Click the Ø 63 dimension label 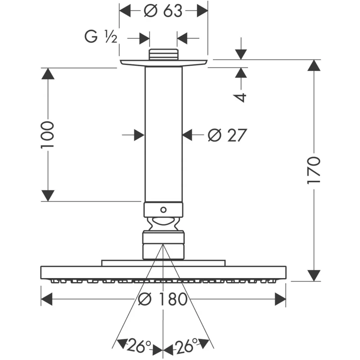click(163, 10)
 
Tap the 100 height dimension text click(48, 135)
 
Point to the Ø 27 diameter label click(227, 135)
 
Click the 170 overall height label click(314, 170)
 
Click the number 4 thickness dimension click(242, 97)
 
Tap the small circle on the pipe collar click(163, 209)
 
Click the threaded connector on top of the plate click(163, 54)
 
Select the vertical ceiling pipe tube click(163, 135)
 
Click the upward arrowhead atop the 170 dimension click(314, 65)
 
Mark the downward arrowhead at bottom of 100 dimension click(48, 196)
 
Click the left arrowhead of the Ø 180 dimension click(47, 299)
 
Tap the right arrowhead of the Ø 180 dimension click(280, 299)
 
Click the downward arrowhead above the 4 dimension click(242, 54)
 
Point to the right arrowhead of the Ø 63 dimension click(202, 10)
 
